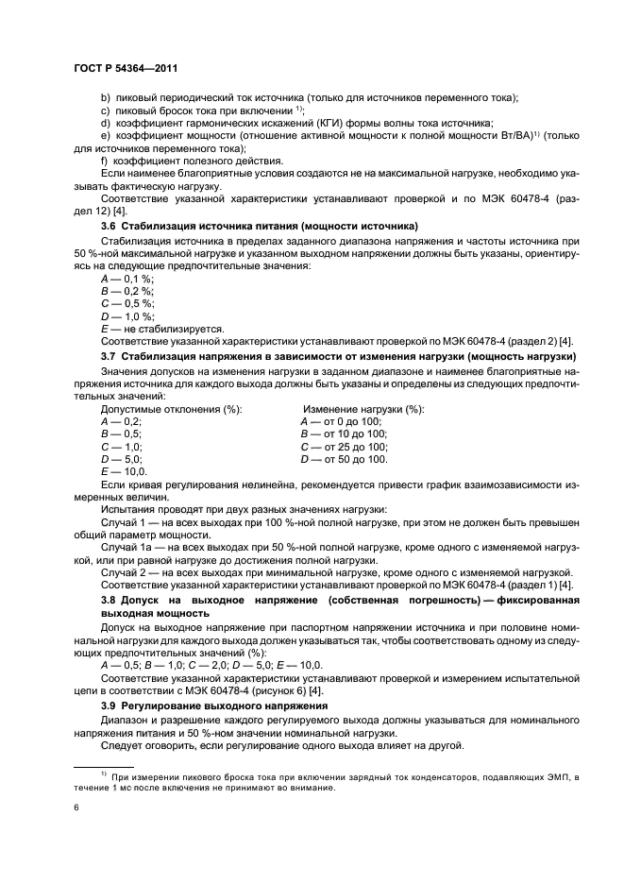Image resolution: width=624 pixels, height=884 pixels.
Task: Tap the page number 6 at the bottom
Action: pos(76,808)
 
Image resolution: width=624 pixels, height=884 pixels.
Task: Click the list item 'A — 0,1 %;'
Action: pos(126,280)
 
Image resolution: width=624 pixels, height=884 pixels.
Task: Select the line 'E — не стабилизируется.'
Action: pos(161,330)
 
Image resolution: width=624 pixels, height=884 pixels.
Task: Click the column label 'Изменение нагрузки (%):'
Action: pos(362,409)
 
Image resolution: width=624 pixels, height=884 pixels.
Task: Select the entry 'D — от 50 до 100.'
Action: pos(344,458)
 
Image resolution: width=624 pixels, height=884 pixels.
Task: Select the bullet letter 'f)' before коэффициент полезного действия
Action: pos(104,161)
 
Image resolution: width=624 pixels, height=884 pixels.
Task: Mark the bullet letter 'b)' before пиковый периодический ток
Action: pos(105,99)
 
